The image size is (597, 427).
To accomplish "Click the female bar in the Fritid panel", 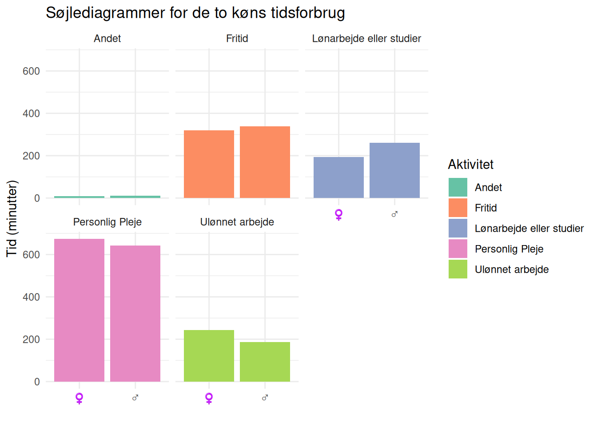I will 209,164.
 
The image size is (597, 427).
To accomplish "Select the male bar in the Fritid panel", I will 265,162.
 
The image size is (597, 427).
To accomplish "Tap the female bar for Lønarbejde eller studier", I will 338,177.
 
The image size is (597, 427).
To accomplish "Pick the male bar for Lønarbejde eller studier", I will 394,170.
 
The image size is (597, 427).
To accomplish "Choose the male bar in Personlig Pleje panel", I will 135,314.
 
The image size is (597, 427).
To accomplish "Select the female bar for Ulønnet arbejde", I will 209,356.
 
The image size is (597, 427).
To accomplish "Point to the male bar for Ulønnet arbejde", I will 265,362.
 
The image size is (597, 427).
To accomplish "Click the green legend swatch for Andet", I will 458,187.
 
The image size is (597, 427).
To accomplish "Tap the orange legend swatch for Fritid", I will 458,208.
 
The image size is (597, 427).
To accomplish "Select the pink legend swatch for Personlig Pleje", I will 458,249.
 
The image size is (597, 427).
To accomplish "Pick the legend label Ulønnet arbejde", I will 511,270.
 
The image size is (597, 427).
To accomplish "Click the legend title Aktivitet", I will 470,165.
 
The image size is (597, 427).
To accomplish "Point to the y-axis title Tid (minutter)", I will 12,218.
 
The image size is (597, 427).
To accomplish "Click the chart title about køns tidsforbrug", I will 195,13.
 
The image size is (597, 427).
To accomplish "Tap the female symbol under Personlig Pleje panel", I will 79,398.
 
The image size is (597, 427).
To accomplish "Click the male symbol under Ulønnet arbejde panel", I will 265,398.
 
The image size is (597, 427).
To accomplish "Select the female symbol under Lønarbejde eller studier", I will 338,214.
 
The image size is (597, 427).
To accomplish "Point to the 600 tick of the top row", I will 31,71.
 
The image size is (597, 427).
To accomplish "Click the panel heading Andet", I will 107,39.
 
